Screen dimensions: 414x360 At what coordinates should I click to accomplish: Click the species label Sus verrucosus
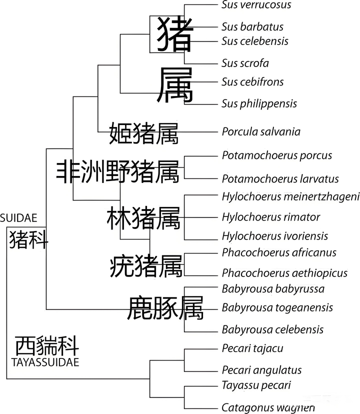256,5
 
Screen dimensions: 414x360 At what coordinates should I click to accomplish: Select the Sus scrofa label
245,63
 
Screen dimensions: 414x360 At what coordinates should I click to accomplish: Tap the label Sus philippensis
259,104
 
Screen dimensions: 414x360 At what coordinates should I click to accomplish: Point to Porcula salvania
261,132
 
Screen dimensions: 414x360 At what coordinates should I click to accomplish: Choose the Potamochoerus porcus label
276,155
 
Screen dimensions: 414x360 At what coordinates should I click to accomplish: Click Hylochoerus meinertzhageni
290,196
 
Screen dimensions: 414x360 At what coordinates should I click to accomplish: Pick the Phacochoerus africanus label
279,253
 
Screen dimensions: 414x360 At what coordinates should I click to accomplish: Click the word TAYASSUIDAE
46,362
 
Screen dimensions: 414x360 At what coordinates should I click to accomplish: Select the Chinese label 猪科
29,240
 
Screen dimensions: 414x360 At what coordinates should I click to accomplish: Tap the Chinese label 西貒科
46,345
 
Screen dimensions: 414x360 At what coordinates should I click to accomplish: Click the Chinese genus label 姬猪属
143,132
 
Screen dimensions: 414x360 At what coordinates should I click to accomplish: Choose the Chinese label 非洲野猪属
117,171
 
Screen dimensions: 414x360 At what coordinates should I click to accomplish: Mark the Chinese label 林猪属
143,218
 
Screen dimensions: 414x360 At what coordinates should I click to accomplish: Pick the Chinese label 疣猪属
146,266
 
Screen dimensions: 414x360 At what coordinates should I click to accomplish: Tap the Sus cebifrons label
252,82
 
